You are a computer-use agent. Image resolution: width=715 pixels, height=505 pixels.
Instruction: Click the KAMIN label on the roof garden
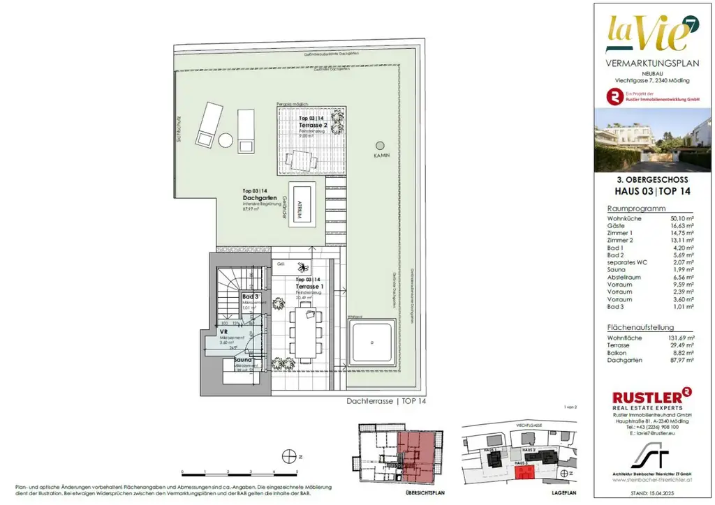[x=381, y=156]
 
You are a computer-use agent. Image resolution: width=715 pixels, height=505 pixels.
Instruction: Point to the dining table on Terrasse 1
[x=307, y=334]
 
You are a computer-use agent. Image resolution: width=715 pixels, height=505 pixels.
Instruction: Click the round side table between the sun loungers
[x=225, y=140]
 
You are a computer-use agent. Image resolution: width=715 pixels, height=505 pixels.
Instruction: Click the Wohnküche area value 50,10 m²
[x=678, y=218]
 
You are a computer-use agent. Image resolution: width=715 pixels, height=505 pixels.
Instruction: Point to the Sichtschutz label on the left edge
[x=179, y=129]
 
